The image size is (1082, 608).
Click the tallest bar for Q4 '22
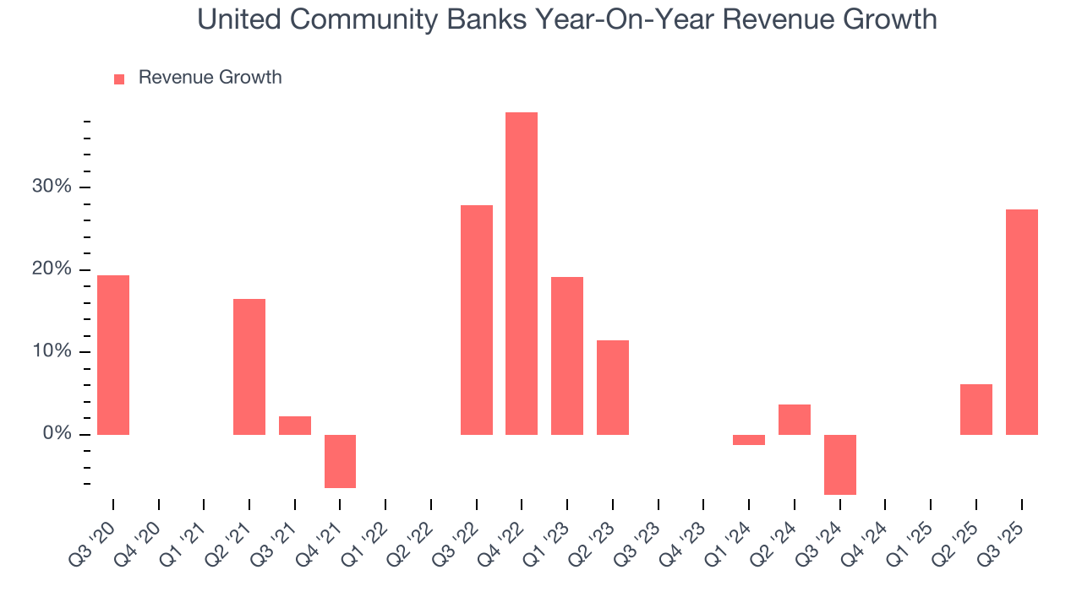click(522, 274)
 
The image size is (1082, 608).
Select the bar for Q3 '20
click(113, 355)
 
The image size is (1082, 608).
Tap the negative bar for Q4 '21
click(340, 461)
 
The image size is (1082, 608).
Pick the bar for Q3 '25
click(1021, 322)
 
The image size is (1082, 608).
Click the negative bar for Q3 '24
click(839, 464)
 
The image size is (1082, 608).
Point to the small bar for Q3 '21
click(295, 426)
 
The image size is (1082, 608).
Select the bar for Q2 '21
click(249, 366)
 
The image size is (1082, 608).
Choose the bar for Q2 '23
click(613, 388)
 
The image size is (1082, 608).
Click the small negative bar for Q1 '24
click(749, 440)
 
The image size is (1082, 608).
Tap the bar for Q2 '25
click(975, 410)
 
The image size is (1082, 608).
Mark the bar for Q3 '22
click(477, 320)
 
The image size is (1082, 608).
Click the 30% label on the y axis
click(52, 187)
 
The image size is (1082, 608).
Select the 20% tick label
click(52, 269)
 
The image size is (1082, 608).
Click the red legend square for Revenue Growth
click(119, 79)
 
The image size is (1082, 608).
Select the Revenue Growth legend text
click(210, 78)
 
